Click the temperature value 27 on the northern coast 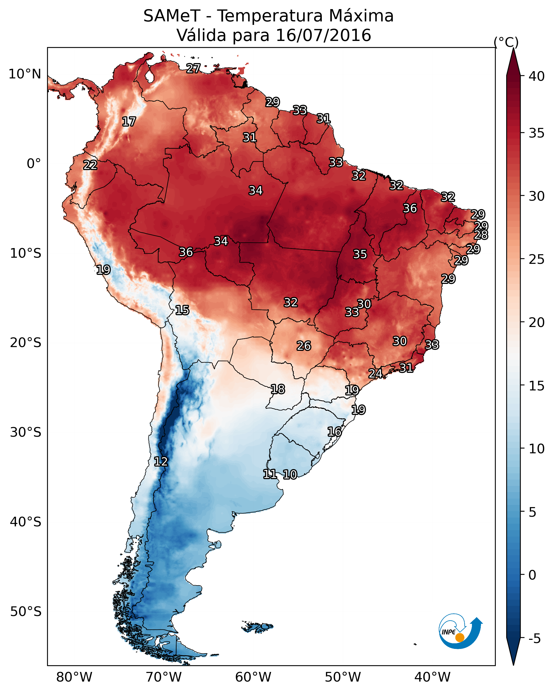click(x=193, y=68)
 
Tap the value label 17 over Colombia click(x=129, y=122)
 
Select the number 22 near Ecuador click(x=90, y=165)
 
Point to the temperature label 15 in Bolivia click(x=182, y=310)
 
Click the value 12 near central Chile click(x=161, y=462)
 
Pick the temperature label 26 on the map click(x=304, y=346)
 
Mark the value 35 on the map click(x=360, y=254)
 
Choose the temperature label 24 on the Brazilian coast click(x=375, y=374)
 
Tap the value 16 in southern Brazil click(x=334, y=432)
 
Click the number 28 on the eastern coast click(x=481, y=235)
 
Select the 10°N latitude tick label click(x=25, y=74)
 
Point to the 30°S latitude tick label click(x=25, y=432)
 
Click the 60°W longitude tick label click(x=253, y=677)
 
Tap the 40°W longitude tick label click(x=432, y=677)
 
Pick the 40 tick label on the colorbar click(x=537, y=76)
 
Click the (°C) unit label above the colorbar click(x=506, y=42)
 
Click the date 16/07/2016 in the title click(x=323, y=35)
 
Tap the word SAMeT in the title click(x=172, y=16)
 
